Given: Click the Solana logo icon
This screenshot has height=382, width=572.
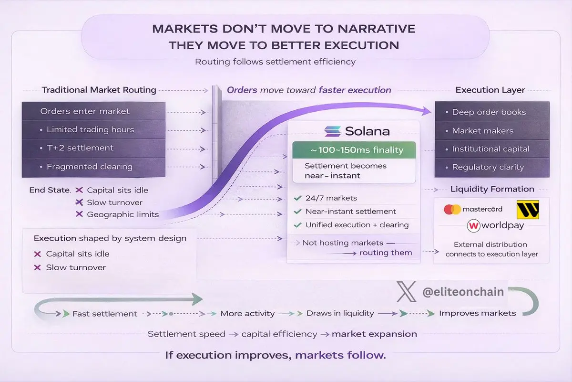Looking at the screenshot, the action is tap(333, 131).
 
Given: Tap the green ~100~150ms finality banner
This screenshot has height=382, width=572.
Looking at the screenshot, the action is tap(354, 149).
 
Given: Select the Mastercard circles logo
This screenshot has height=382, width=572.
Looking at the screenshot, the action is tap(452, 210).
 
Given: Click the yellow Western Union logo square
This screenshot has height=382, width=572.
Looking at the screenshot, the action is tap(528, 210).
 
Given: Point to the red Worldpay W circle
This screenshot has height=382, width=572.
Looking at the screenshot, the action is tap(473, 226).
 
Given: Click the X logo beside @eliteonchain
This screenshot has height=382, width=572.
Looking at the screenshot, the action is tap(406, 292).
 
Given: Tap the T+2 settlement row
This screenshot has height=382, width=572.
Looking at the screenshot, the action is tap(93, 148).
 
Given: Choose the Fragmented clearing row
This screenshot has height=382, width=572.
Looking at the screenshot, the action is tap(93, 167).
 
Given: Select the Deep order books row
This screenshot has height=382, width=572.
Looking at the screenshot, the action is tap(492, 112).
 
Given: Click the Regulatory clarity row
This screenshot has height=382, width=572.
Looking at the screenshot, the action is tap(492, 167).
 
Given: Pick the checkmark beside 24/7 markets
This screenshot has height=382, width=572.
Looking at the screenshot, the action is tap(298, 198).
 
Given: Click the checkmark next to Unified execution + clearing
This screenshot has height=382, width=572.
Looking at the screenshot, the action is tap(298, 225).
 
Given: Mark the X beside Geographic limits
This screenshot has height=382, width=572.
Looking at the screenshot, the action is tap(80, 214).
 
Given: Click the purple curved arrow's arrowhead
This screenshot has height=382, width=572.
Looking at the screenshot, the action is tap(426, 111).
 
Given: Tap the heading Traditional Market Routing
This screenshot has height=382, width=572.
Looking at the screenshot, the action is tap(99, 90).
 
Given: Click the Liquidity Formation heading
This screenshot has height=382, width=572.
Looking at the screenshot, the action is tap(492, 189).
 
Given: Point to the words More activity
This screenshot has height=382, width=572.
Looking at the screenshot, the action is tap(247, 313).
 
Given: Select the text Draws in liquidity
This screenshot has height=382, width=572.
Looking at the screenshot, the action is tap(340, 313).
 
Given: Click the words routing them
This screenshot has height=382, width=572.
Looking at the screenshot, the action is tap(386, 253).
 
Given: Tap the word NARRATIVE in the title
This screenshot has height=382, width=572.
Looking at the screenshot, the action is tap(377, 29).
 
